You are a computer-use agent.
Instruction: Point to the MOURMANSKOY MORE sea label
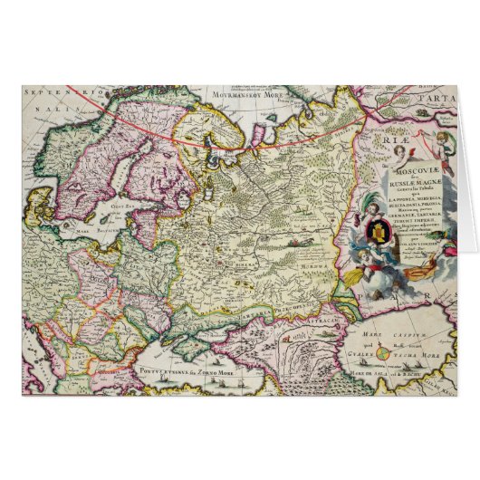(x=238, y=93)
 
